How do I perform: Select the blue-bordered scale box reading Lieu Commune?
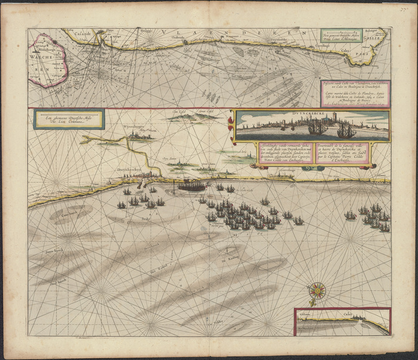[x=68, y=119]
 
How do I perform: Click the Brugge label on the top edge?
[x=143, y=30]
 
